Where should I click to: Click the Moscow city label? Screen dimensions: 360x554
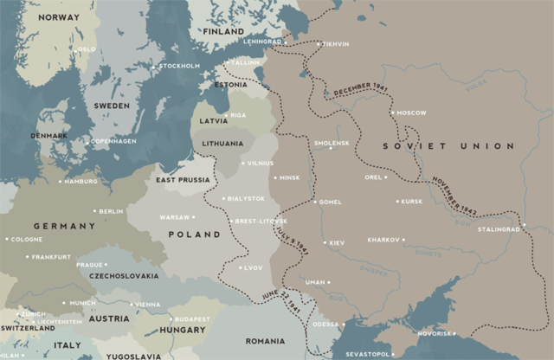[412, 113]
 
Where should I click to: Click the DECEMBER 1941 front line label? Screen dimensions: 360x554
[356, 91]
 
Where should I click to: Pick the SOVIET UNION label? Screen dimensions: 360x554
[448, 146]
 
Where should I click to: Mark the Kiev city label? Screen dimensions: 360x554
[335, 243]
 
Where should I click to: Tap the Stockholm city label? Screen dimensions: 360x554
[180, 66]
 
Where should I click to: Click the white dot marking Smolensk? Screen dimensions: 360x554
[329, 148]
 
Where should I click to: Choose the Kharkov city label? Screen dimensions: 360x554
[383, 240]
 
